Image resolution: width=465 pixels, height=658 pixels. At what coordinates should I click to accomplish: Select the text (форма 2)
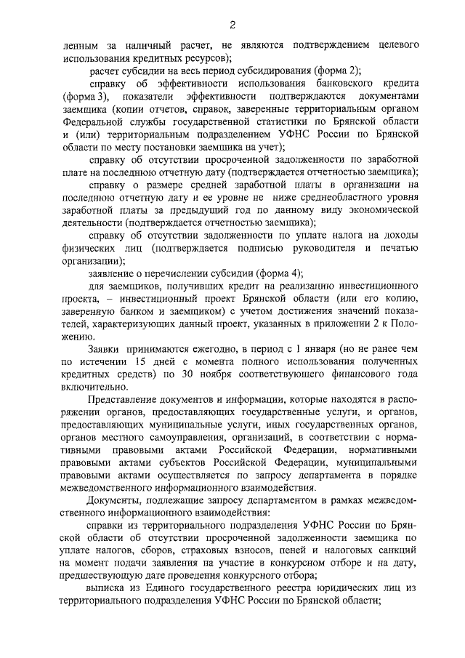click(x=336, y=71)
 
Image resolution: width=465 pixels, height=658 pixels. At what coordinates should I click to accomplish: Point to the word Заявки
click(x=105, y=348)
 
